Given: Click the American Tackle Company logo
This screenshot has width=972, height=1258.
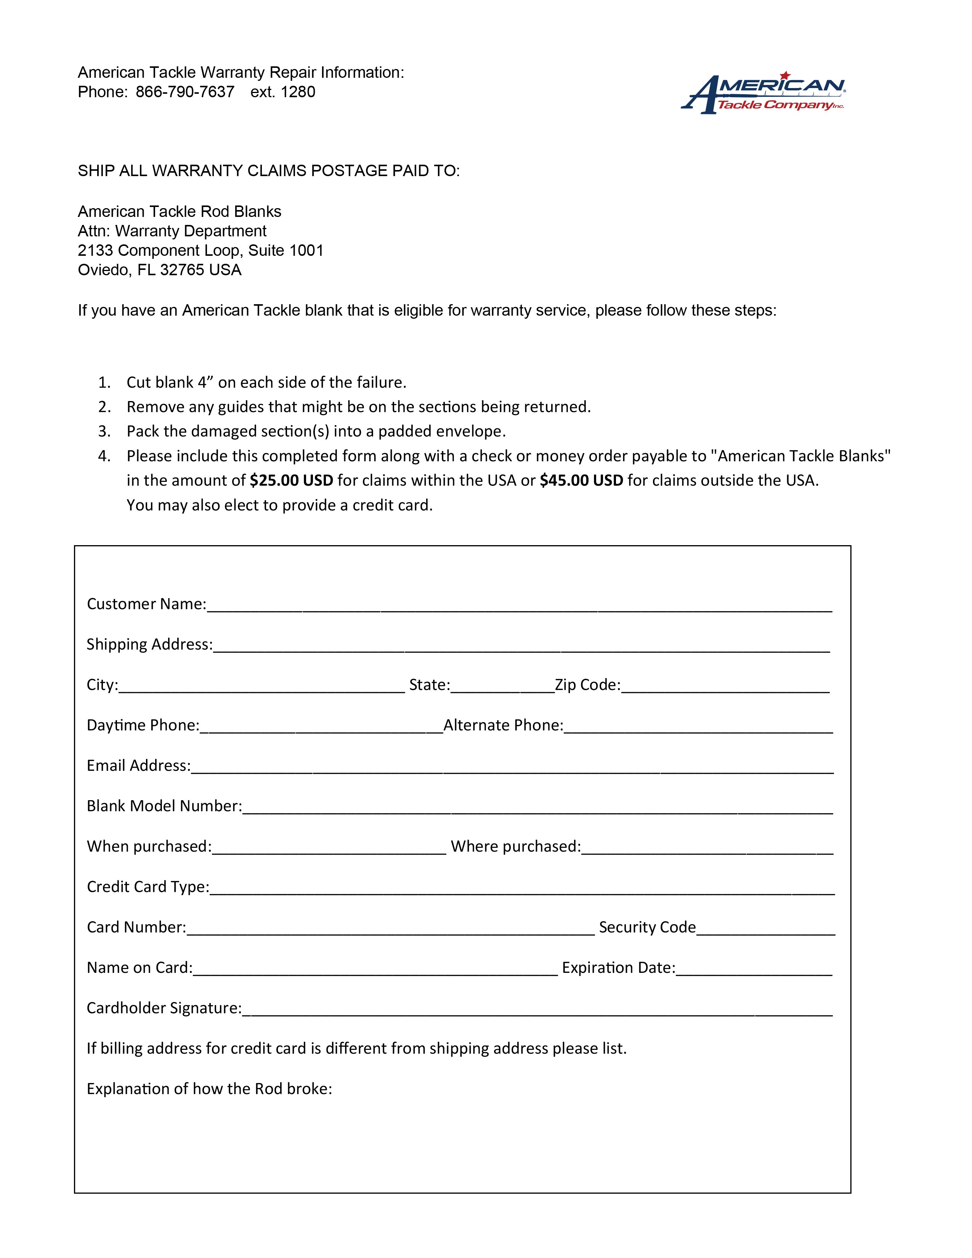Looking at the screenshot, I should pyautogui.click(x=763, y=93).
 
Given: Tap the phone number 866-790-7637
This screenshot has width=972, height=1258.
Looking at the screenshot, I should pyautogui.click(x=185, y=92).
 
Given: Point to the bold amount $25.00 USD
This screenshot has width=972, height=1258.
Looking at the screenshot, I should pyautogui.click(x=291, y=480).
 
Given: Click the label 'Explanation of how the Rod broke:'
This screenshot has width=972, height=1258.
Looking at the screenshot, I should pyautogui.click(x=209, y=1089).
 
